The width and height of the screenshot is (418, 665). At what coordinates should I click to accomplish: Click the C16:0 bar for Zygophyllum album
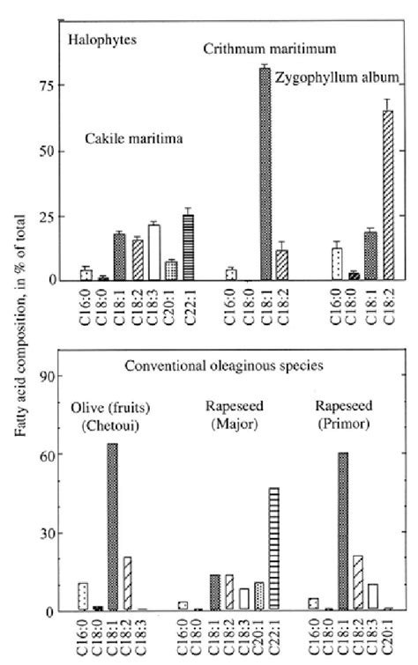335,264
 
